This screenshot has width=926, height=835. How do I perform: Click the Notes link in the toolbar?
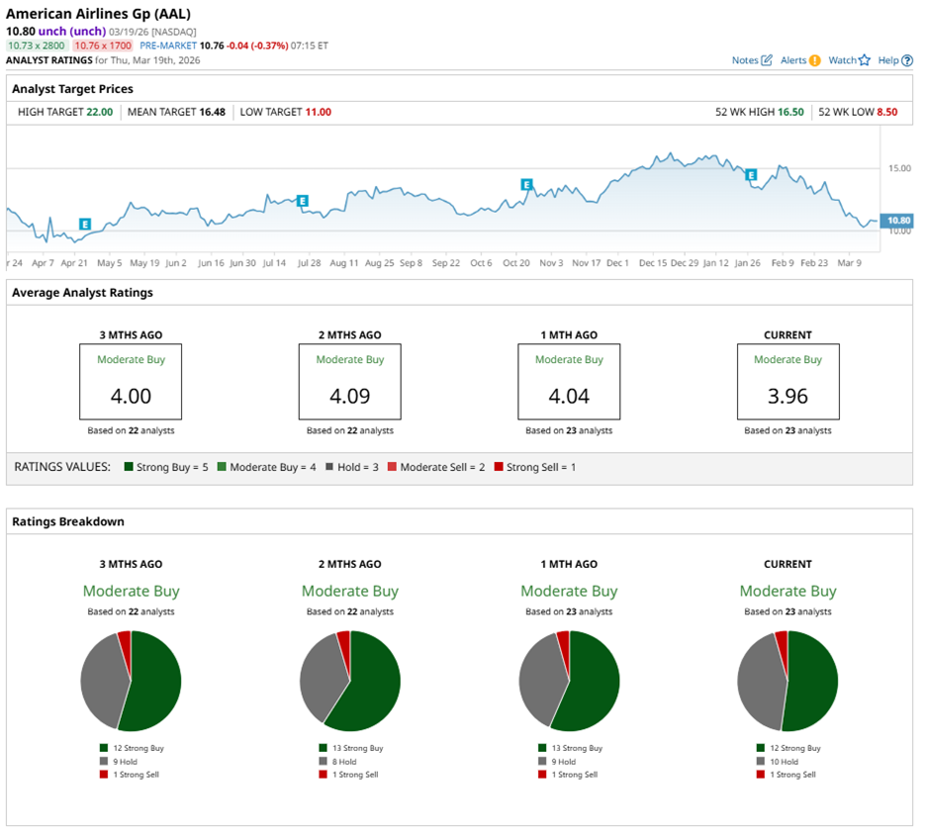[x=751, y=60]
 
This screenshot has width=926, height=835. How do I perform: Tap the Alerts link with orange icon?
[x=800, y=60]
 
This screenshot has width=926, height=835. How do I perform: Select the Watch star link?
[x=849, y=60]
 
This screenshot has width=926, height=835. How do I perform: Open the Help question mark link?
[x=894, y=60]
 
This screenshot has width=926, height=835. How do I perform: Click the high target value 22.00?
[x=100, y=112]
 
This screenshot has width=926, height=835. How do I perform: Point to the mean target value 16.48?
[x=212, y=112]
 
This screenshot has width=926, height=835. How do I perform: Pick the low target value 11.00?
[x=318, y=112]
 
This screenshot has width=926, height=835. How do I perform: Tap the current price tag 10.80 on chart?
[x=898, y=220]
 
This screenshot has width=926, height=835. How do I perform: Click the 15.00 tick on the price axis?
[x=898, y=169]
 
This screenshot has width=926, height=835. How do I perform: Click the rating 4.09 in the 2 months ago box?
[x=349, y=396]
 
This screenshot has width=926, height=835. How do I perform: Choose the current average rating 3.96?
[x=787, y=396]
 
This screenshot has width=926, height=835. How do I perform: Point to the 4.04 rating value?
[x=568, y=396]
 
